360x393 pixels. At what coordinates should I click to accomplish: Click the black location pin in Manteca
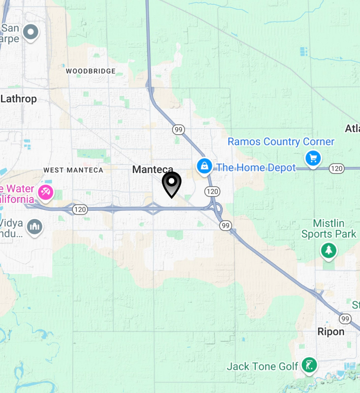171,184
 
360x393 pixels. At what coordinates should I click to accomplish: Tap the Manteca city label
152,169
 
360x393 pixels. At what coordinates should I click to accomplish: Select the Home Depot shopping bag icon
204,167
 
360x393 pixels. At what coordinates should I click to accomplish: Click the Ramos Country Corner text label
281,142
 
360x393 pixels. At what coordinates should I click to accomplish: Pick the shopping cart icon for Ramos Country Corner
313,158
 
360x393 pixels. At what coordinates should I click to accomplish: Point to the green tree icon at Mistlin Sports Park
328,251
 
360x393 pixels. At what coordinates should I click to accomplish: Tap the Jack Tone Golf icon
309,365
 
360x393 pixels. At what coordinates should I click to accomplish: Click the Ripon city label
331,332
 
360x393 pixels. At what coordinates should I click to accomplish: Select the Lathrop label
19,99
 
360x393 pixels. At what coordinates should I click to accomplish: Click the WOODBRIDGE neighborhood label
91,71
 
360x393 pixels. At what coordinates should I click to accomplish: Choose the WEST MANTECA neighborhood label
73,170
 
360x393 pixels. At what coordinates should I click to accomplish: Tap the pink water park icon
46,192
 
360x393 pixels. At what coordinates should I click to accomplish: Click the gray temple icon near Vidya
34,226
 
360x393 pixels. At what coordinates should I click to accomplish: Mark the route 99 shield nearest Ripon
345,319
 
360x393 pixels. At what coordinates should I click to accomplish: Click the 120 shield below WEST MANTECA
80,210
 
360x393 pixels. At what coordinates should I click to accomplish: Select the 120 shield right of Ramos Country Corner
336,168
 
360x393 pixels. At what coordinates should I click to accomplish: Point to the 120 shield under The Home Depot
212,191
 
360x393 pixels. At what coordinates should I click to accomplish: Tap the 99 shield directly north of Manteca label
178,130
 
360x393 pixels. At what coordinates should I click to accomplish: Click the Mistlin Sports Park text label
329,228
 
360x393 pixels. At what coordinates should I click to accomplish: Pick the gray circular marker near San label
31,32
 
